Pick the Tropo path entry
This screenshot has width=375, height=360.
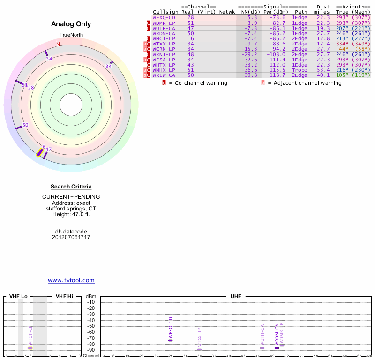[x=300, y=70]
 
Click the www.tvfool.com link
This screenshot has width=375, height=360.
[x=71, y=280]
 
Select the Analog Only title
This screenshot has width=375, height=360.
[x=71, y=24]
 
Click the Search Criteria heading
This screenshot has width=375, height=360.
[x=71, y=187]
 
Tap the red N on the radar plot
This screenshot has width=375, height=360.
[x=58, y=45]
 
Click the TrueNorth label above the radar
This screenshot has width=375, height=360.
[x=71, y=36]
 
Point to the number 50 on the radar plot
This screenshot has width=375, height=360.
[x=25, y=125]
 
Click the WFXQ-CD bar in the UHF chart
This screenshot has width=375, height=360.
[x=171, y=340]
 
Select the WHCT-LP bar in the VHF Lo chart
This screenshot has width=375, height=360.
[x=30, y=347]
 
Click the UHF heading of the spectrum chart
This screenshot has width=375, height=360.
[x=236, y=297]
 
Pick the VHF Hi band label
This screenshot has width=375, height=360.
[x=65, y=297]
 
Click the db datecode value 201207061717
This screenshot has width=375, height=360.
[x=71, y=237]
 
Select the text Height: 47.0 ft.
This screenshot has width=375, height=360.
[x=71, y=214]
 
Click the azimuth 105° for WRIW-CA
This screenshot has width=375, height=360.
[x=342, y=75]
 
